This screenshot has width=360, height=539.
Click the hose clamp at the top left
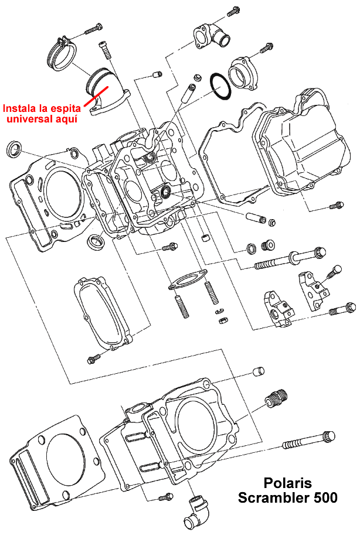click(x=63, y=52)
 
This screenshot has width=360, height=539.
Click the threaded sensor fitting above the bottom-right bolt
click(x=274, y=398)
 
